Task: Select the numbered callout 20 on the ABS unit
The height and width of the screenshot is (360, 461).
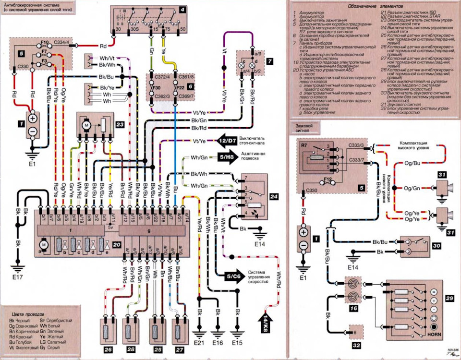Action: coord(117,244)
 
